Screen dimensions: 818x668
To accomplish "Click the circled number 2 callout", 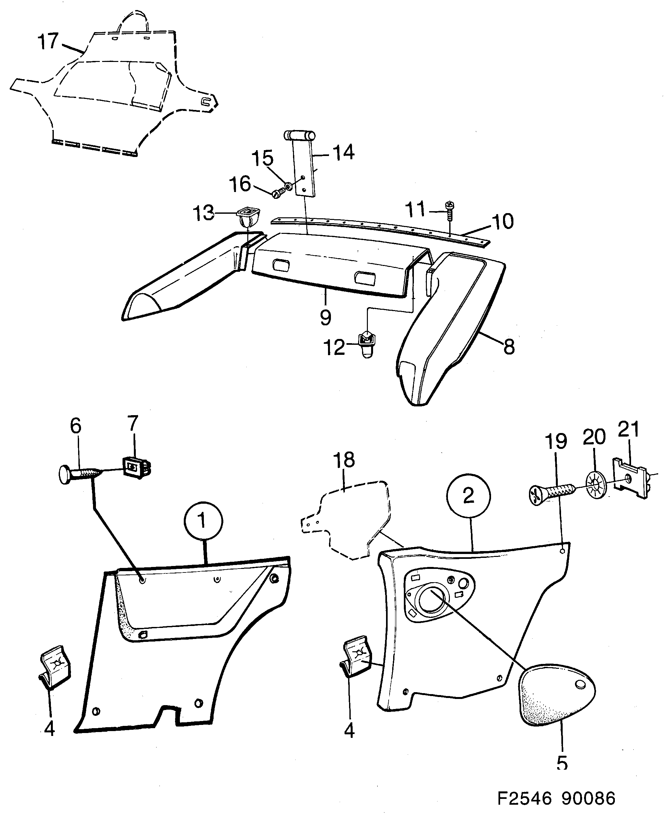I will coord(468,496).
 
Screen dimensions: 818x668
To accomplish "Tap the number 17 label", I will coord(48,41).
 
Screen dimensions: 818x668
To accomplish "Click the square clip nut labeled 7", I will coord(135,467).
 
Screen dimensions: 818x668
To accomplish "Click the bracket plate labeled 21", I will coord(631,477).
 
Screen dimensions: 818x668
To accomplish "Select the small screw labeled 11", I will coord(450,210).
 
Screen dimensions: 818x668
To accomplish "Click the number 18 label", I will coord(344,460).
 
